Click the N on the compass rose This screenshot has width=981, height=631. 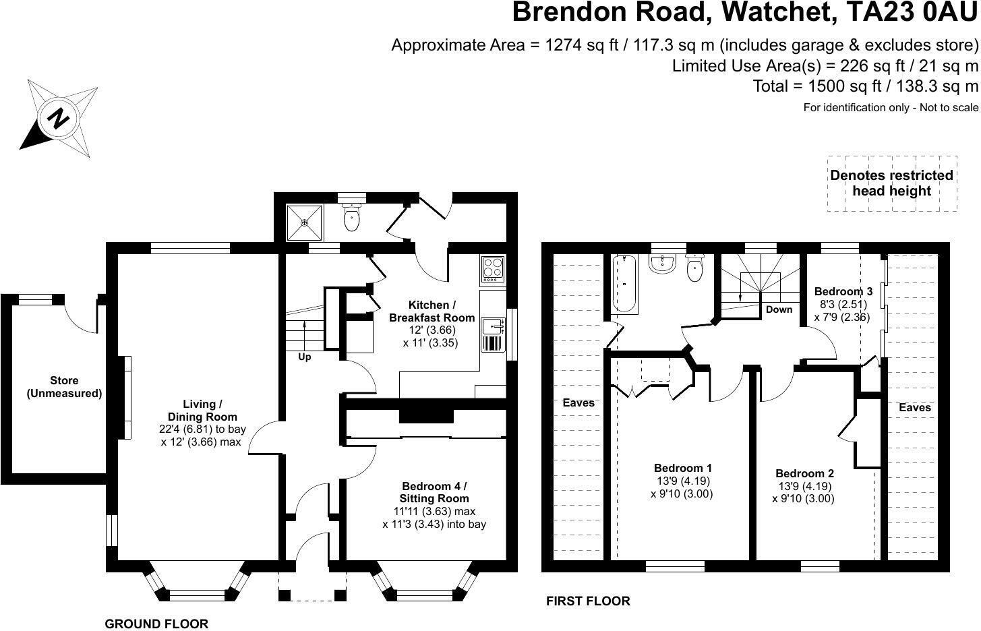click(x=59, y=119)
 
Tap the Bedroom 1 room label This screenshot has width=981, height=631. click(x=682, y=468)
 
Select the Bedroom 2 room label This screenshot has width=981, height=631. click(x=804, y=473)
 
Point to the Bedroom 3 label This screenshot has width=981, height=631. click(x=843, y=291)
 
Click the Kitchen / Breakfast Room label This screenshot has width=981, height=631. click(x=432, y=311)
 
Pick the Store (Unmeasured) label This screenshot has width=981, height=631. click(x=64, y=387)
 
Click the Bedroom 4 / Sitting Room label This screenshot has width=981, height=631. click(x=434, y=492)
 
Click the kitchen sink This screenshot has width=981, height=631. click(x=493, y=326)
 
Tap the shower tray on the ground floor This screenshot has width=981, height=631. click(x=305, y=221)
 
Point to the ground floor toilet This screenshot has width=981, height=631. click(x=351, y=218)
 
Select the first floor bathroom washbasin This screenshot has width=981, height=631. click(x=663, y=264)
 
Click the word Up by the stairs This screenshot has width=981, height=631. click(x=305, y=357)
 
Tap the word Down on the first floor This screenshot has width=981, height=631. click(x=779, y=309)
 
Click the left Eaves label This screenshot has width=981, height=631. click(x=578, y=402)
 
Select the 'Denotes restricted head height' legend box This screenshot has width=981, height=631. click(x=891, y=183)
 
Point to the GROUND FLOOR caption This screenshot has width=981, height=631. click(x=156, y=624)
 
